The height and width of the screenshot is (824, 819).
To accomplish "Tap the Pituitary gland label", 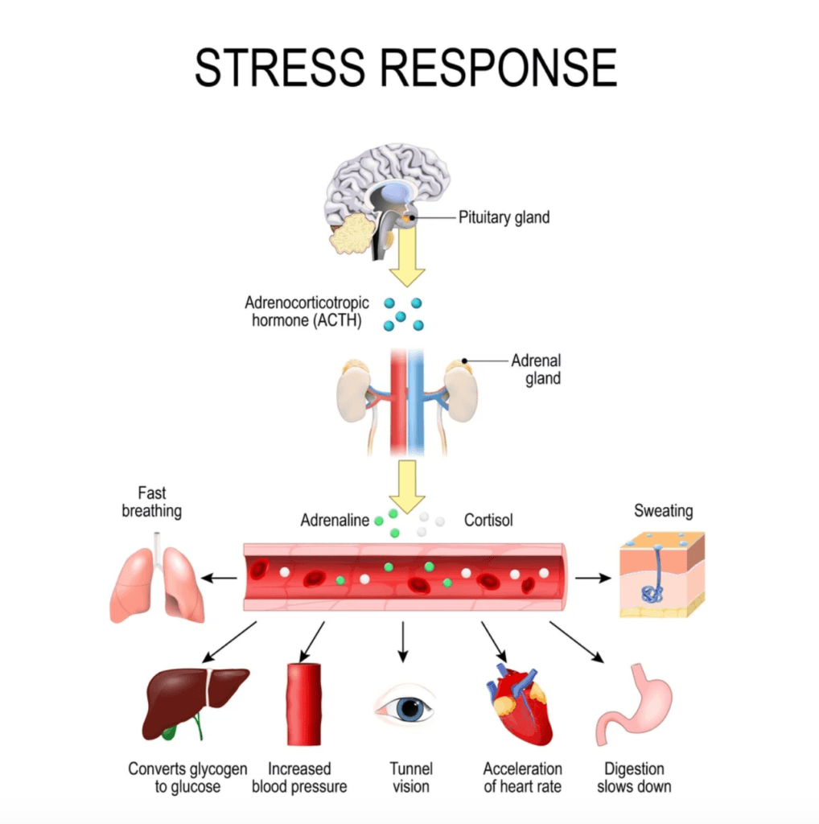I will pos(504,216).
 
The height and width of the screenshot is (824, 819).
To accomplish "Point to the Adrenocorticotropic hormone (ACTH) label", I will pos(307,311).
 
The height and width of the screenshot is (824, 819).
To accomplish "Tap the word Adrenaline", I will pos(335,521).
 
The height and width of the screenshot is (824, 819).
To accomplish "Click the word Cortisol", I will pos(488,521).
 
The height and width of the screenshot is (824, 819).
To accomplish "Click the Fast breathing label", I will pos(151,502).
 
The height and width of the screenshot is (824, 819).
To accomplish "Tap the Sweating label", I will pos(663,511).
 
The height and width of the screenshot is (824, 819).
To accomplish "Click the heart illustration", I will pos(519,703).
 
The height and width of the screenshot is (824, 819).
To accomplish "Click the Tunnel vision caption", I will pos(410,777).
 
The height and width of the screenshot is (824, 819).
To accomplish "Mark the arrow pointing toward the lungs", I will pos(219,577).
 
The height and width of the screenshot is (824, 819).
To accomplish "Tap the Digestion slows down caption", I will pos(634,777).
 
